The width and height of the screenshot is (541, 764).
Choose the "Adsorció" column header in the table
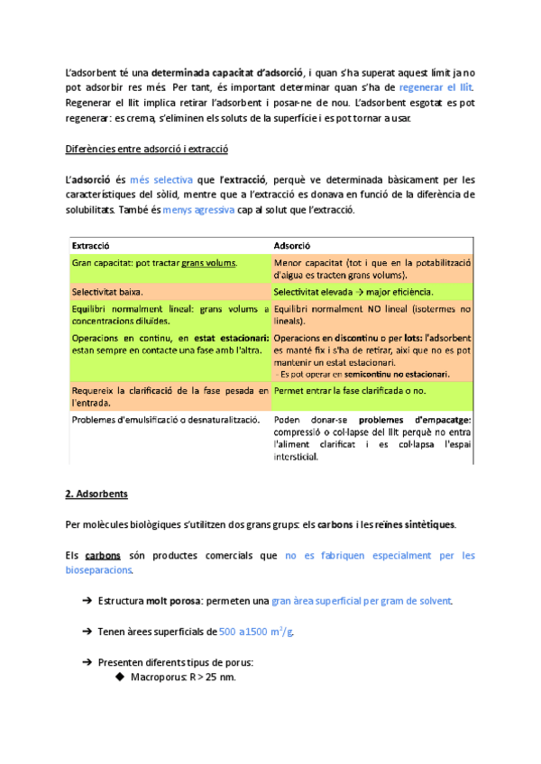[291, 244]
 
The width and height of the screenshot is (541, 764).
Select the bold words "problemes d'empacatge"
[416, 420]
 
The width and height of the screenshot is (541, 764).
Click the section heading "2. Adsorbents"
[97, 494]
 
